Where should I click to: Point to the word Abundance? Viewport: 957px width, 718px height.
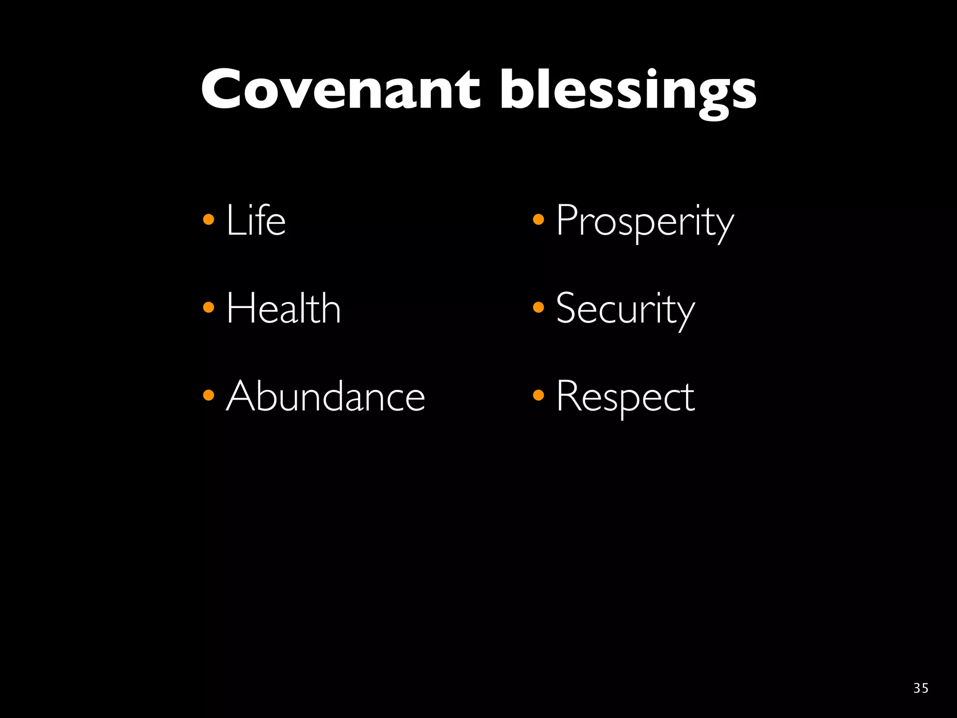[326, 396]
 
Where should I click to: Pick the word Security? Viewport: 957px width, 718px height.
[625, 309]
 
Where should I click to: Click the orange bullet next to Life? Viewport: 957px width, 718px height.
[208, 219]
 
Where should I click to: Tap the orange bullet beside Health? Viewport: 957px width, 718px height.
[208, 307]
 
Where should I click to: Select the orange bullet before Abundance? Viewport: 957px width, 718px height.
[208, 395]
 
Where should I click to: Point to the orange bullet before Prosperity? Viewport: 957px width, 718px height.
[538, 219]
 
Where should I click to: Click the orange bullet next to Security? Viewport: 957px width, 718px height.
[538, 307]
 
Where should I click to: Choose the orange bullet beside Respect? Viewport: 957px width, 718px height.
[538, 395]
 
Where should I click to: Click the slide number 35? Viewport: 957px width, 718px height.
[921, 688]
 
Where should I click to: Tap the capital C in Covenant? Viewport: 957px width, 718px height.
[224, 89]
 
